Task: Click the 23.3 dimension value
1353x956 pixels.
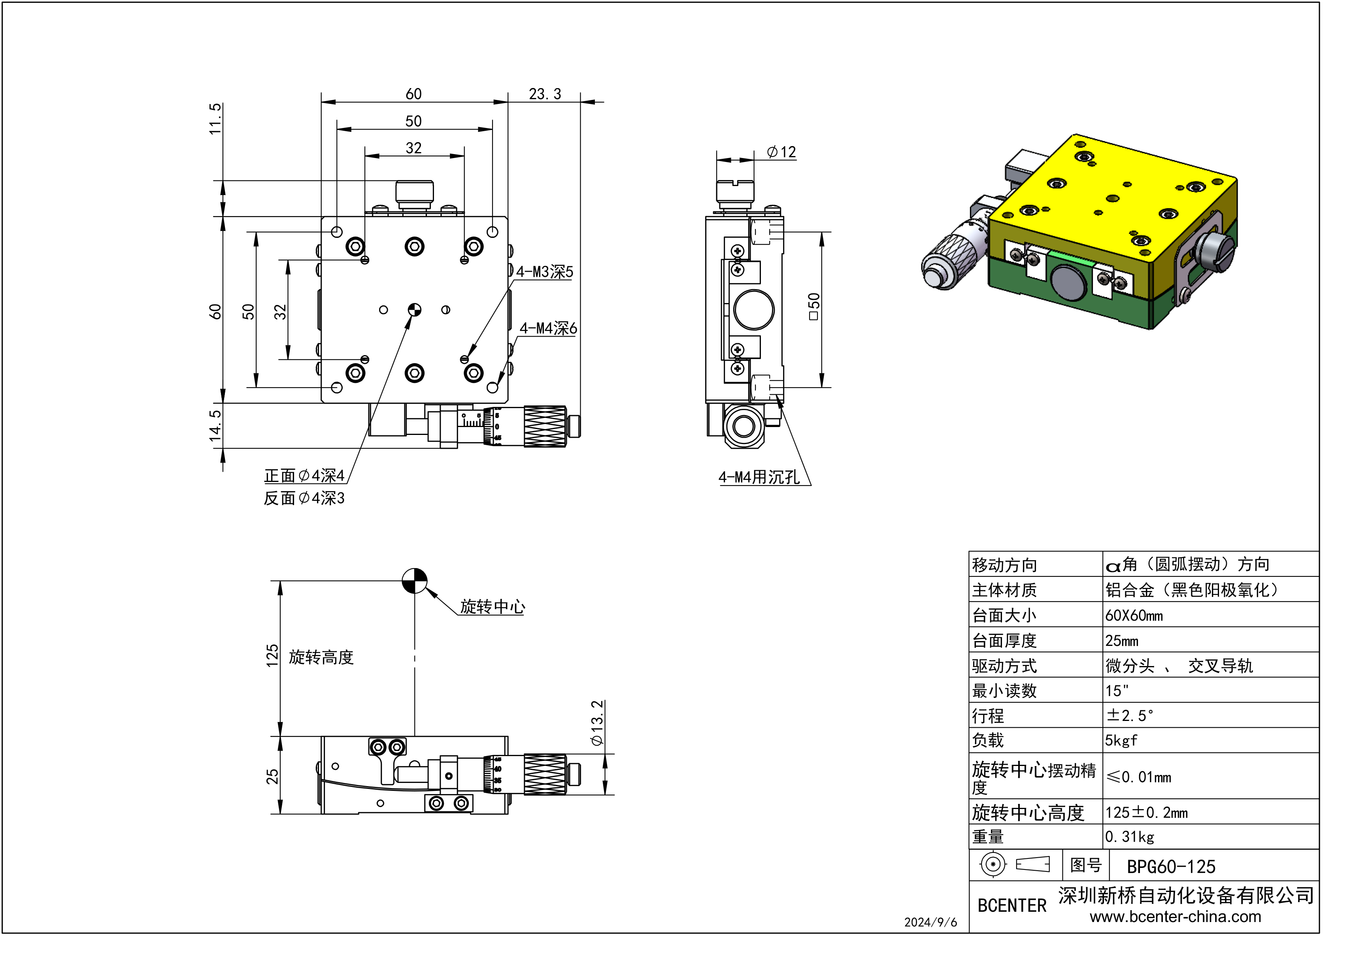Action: (x=545, y=94)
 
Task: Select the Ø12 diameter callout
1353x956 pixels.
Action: (x=781, y=152)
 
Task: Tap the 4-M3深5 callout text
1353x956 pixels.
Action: (x=545, y=272)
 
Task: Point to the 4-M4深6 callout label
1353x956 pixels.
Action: (x=548, y=329)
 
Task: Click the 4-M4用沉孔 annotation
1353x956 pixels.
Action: (x=759, y=478)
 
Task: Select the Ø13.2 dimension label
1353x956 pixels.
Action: (x=597, y=723)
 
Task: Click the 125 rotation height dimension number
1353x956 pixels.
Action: (x=272, y=656)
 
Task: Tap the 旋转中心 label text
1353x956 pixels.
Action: (x=492, y=607)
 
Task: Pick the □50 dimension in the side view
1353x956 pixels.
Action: (x=814, y=307)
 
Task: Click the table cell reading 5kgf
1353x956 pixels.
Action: (x=1121, y=740)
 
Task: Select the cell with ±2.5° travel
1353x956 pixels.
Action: (x=1130, y=716)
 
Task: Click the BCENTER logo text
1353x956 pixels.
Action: (x=1012, y=906)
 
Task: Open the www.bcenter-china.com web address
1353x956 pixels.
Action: (x=1175, y=917)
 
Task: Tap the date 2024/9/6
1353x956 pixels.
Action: (x=930, y=922)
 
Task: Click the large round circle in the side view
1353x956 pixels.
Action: (x=754, y=310)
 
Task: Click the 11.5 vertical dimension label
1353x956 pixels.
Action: (x=216, y=119)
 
